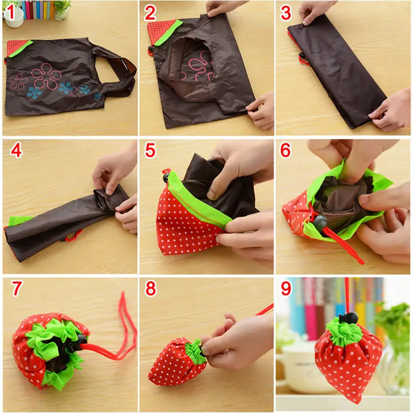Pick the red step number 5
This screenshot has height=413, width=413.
pyautogui.click(x=150, y=150)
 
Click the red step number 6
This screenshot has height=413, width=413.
pyautogui.click(x=286, y=150)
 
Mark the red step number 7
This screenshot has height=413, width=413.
pyautogui.click(x=17, y=289)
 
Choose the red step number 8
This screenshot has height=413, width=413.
pyautogui.click(x=150, y=289)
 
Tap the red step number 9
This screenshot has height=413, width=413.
pyautogui.click(x=287, y=289)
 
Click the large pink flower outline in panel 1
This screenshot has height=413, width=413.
pyautogui.click(x=46, y=76)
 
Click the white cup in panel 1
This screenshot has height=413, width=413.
pyautogui.click(x=14, y=18)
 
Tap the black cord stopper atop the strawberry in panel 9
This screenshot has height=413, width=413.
pyautogui.click(x=348, y=318)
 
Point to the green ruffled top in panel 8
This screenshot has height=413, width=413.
pyautogui.click(x=195, y=352)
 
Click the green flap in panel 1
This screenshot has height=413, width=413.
pyautogui.click(x=21, y=49)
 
